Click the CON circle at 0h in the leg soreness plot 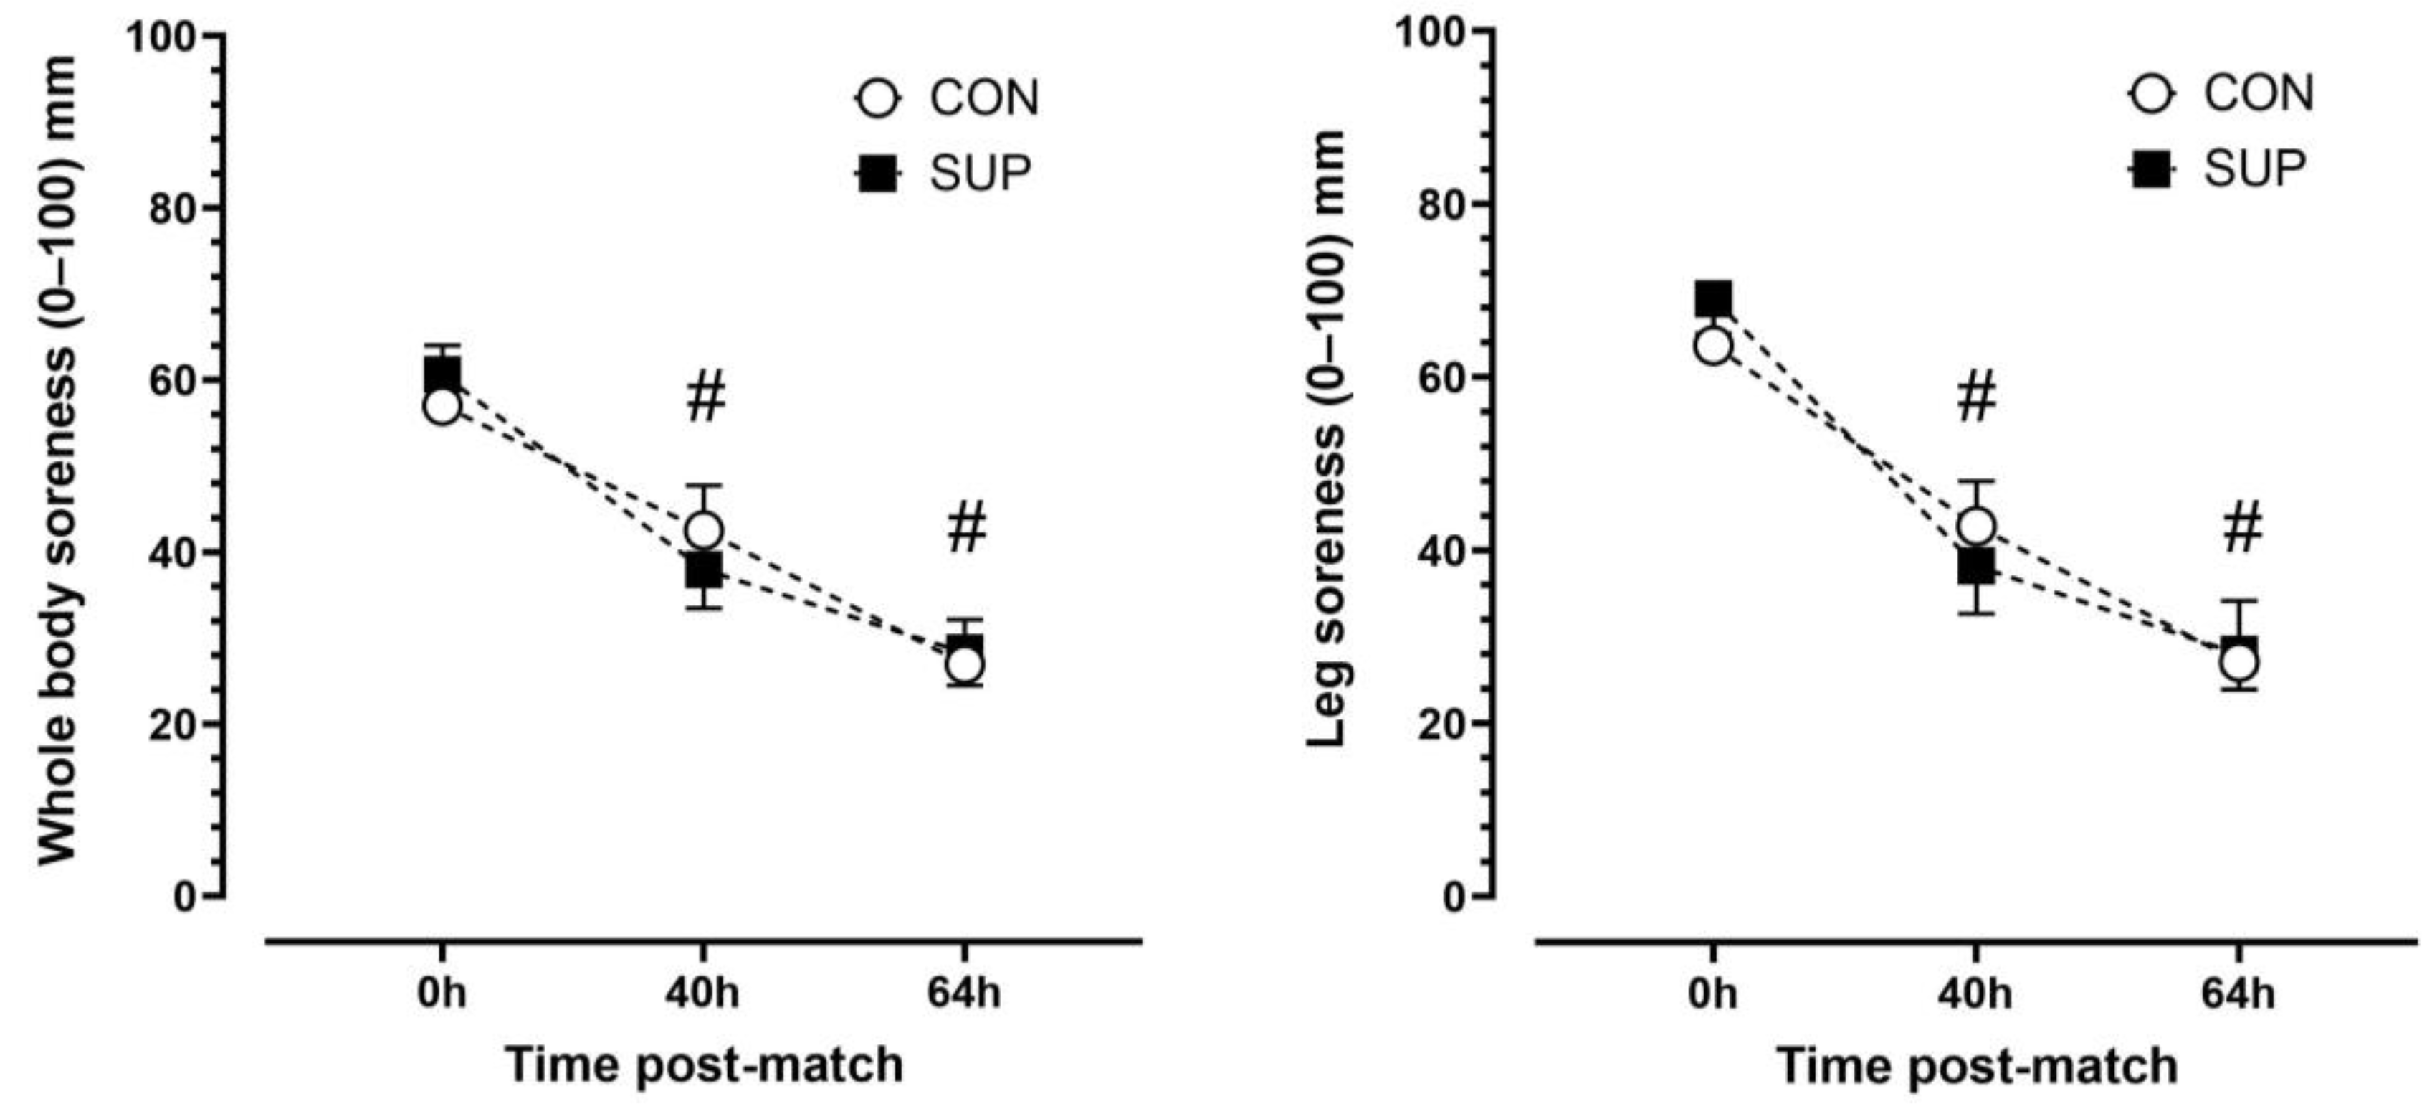[x=1714, y=346]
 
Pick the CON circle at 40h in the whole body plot [x=705, y=530]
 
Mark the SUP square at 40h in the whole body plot [x=705, y=570]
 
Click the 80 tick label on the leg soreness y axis [x=1443, y=206]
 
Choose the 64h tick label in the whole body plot [x=964, y=994]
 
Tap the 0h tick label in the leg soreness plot [x=1712, y=994]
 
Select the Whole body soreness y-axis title [x=59, y=459]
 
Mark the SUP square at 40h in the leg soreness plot [x=1976, y=567]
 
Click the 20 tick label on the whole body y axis [x=172, y=725]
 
